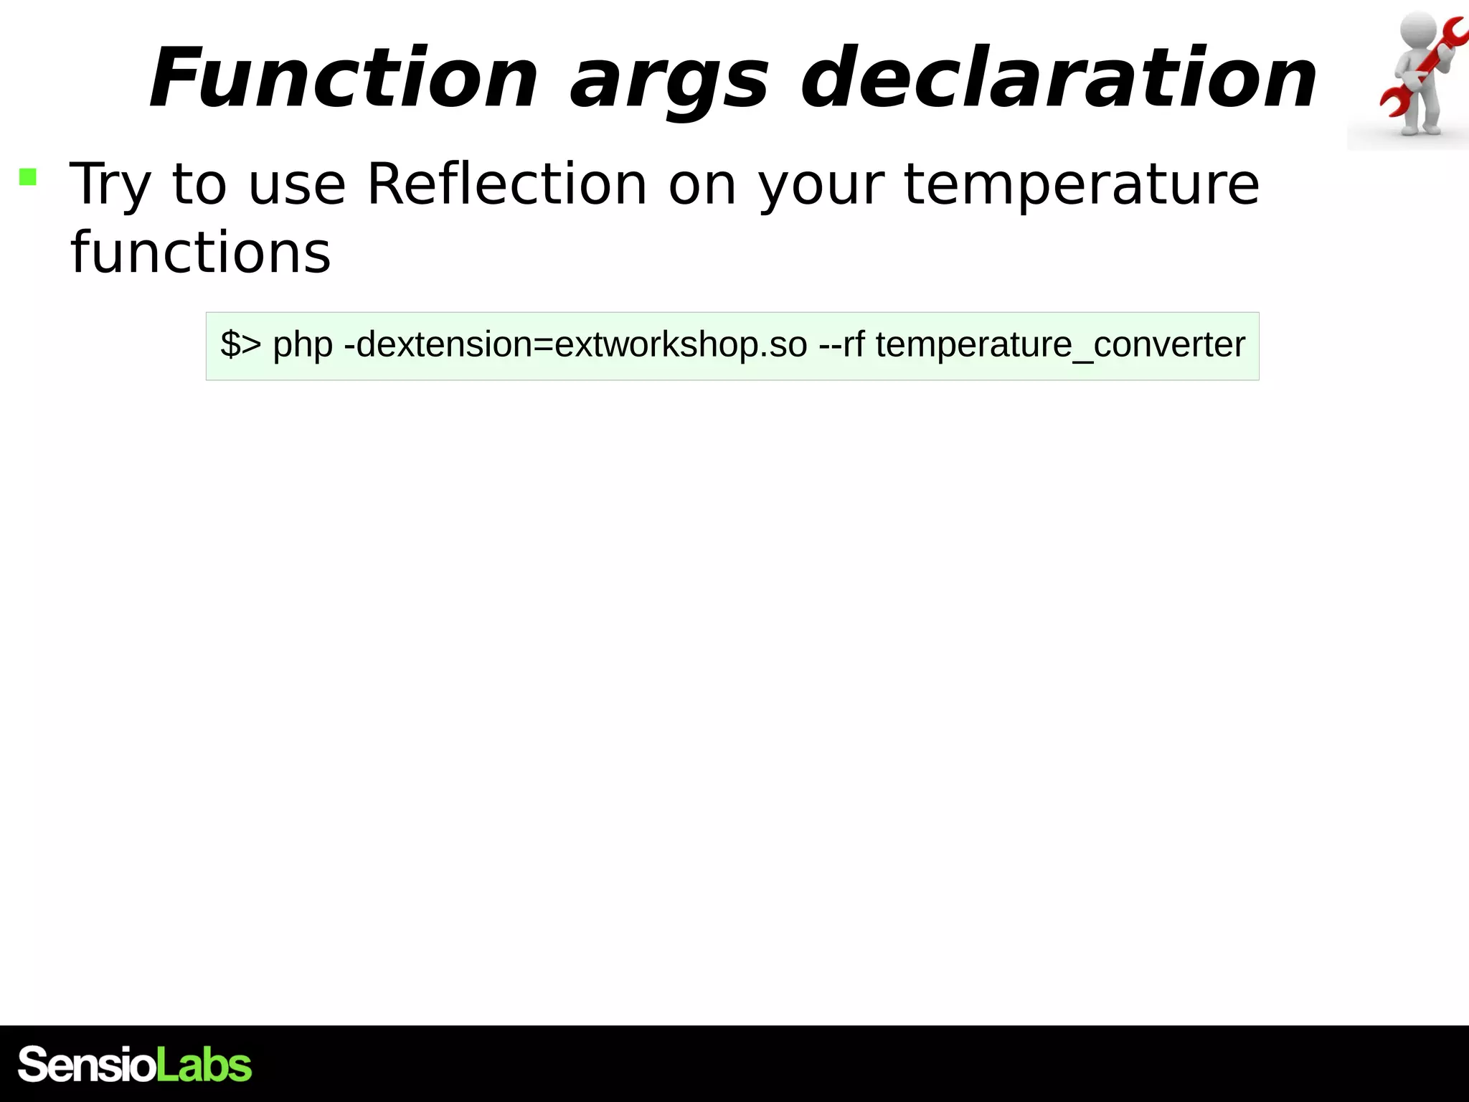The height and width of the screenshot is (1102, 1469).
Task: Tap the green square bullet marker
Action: point(28,176)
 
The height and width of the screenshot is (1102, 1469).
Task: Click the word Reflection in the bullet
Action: point(506,184)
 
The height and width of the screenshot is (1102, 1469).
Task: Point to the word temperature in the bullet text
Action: point(1081,185)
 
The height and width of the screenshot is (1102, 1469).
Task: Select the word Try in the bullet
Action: point(110,185)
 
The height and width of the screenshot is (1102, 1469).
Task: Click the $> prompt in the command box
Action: point(240,344)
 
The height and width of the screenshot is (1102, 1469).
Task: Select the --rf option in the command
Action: point(841,344)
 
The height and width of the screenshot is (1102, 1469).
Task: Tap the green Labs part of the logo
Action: point(204,1064)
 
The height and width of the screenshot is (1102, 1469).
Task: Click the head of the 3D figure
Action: point(1417,32)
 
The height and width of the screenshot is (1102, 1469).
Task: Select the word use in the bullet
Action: point(296,185)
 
